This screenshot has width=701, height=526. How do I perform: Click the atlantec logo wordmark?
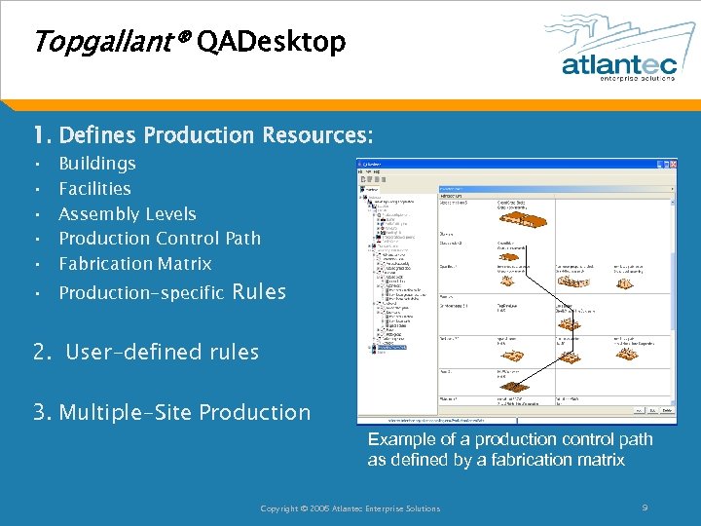[617, 63]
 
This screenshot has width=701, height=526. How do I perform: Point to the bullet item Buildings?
[97, 164]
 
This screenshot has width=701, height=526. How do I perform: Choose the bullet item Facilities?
[94, 189]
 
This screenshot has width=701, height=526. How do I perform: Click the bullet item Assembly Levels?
[128, 214]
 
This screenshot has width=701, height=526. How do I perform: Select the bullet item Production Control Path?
[160, 239]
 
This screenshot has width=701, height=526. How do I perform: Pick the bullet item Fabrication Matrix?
[134, 264]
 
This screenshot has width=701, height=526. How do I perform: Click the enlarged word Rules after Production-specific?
[260, 291]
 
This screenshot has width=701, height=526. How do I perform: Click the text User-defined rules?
[162, 352]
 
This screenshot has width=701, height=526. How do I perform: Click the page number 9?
[646, 507]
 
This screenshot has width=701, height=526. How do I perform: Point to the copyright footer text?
[350, 508]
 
